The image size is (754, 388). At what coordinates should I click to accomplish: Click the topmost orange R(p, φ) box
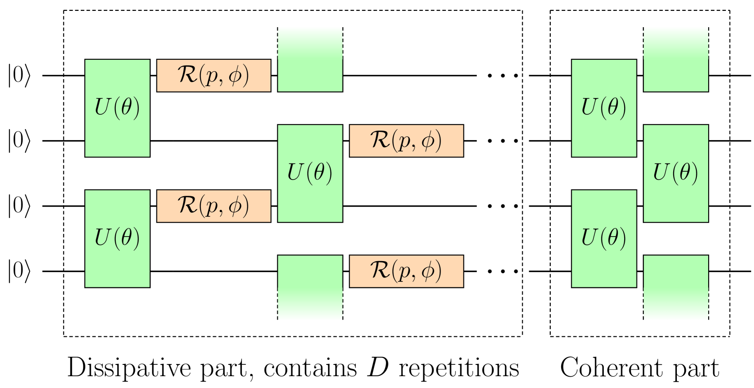[x=214, y=75]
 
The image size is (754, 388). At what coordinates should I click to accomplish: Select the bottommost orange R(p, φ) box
[x=406, y=271]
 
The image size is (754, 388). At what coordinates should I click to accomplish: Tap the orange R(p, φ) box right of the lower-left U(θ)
[x=214, y=206]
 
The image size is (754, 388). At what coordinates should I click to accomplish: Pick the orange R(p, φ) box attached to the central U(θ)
[x=406, y=141]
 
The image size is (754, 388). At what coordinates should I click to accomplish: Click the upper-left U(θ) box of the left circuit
[x=117, y=108]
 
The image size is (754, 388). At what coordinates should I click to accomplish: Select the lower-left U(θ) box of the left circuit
[x=117, y=238]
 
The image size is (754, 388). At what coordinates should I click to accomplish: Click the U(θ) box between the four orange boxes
[x=310, y=173]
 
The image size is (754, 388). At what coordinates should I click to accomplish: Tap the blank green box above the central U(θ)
[x=310, y=59]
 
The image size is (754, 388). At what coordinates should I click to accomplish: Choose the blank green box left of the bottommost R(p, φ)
[x=310, y=287]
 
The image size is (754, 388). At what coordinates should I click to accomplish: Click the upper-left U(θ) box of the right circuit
[x=603, y=108]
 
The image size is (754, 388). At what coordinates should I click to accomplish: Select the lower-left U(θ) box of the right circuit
[x=603, y=238]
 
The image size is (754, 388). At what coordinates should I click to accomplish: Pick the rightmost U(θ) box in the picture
[x=676, y=173]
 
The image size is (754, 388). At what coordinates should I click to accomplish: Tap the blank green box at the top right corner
[x=676, y=59]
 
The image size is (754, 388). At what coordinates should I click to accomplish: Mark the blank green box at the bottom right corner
[x=676, y=287]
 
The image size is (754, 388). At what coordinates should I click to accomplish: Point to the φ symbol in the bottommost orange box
[x=428, y=272]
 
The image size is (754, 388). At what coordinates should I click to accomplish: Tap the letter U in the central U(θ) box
[x=295, y=173]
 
